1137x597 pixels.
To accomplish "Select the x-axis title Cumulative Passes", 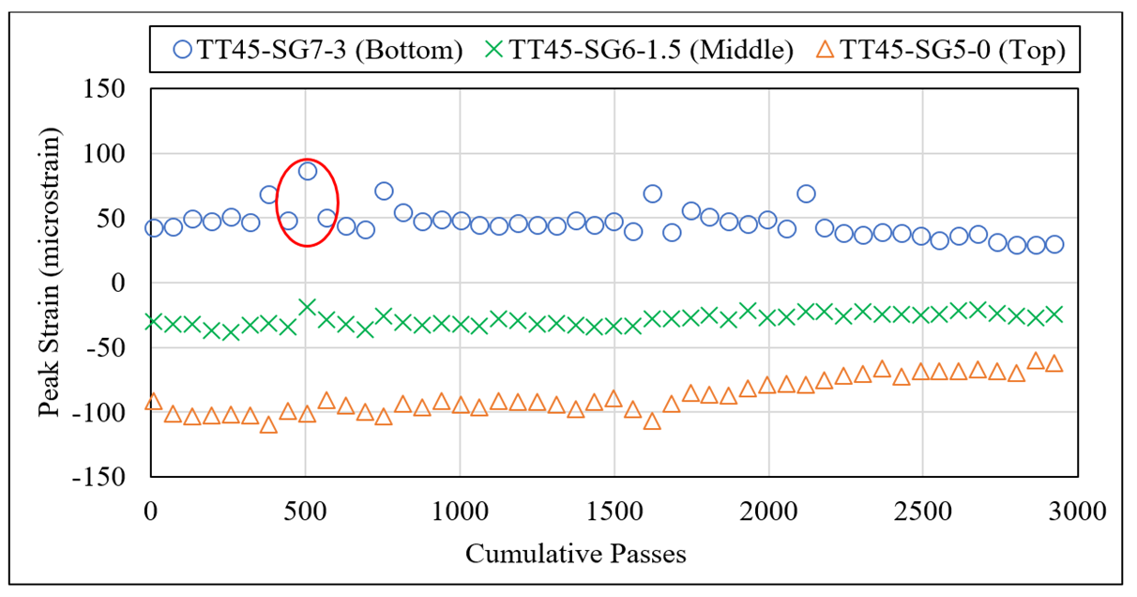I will [576, 554].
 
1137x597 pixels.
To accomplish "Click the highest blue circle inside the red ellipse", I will [308, 171].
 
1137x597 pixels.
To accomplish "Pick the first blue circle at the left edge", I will [154, 228].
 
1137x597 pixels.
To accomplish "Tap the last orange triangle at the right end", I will [1054, 363].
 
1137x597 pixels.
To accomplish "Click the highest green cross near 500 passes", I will [308, 307].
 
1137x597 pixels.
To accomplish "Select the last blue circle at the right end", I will [1054, 244].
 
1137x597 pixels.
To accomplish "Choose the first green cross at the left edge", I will [154, 322].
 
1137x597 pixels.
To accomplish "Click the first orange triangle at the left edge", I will [154, 402].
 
